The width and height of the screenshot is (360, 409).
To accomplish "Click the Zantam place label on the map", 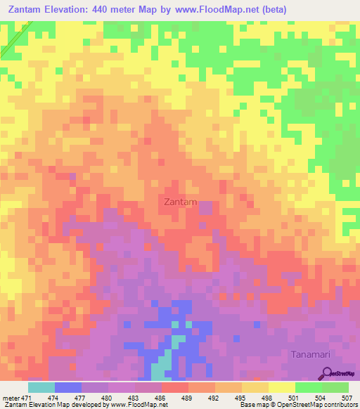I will pyautogui.click(x=179, y=202).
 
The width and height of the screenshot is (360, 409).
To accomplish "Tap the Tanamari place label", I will pyautogui.click(x=311, y=355).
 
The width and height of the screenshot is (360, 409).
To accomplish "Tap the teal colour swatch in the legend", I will pyautogui.click(x=41, y=387).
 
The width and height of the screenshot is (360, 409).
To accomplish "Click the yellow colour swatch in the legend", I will pyautogui.click(x=281, y=387).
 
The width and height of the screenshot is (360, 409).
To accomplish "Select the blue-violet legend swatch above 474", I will pyautogui.click(x=67, y=387).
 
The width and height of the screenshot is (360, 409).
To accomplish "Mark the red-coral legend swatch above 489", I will pyautogui.click(x=174, y=387).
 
